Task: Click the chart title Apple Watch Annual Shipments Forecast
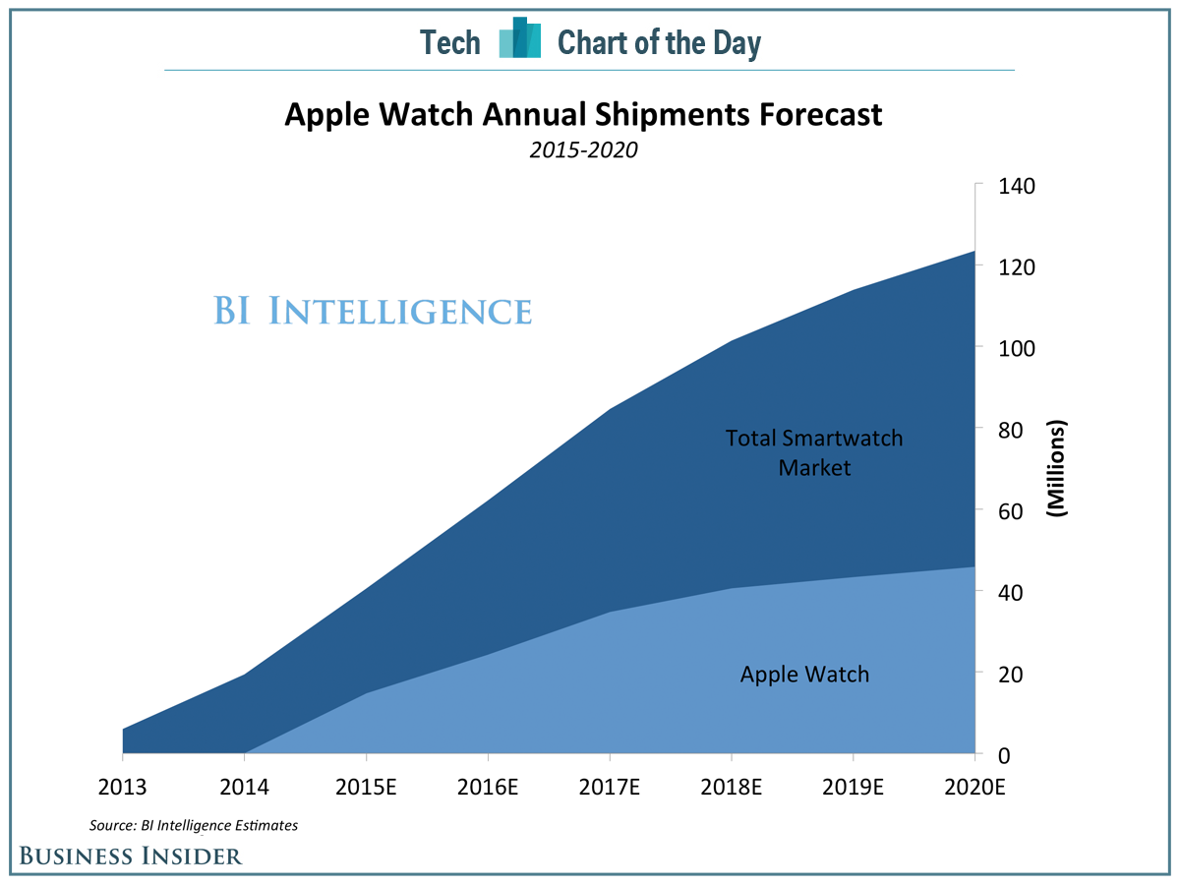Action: [x=583, y=115]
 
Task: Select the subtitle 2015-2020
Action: [x=583, y=150]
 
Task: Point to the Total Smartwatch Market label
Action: [x=814, y=452]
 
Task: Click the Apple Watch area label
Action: [x=804, y=675]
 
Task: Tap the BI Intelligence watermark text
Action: [x=373, y=312]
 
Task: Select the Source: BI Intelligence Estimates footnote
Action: [x=194, y=825]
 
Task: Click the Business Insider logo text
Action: [x=130, y=855]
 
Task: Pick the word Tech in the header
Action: [x=450, y=42]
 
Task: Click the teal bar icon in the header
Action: [x=520, y=39]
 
